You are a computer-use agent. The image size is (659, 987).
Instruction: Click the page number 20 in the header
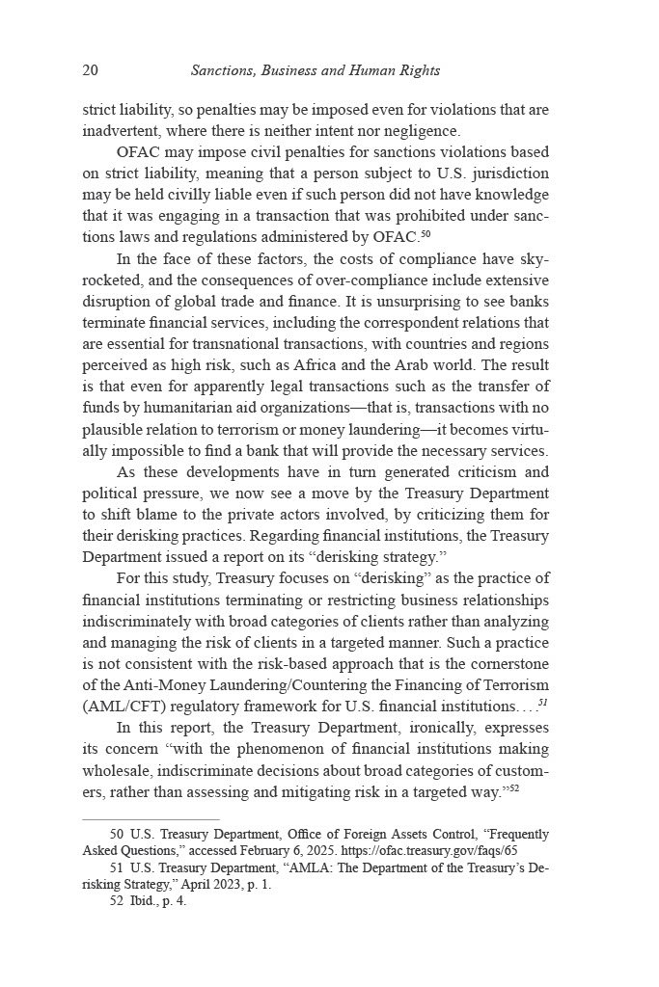[x=91, y=70]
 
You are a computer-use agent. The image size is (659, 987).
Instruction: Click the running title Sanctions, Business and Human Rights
[x=316, y=70]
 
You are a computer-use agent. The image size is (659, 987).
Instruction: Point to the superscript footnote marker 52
[x=516, y=787]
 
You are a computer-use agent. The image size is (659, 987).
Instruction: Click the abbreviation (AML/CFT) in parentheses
[x=124, y=706]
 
